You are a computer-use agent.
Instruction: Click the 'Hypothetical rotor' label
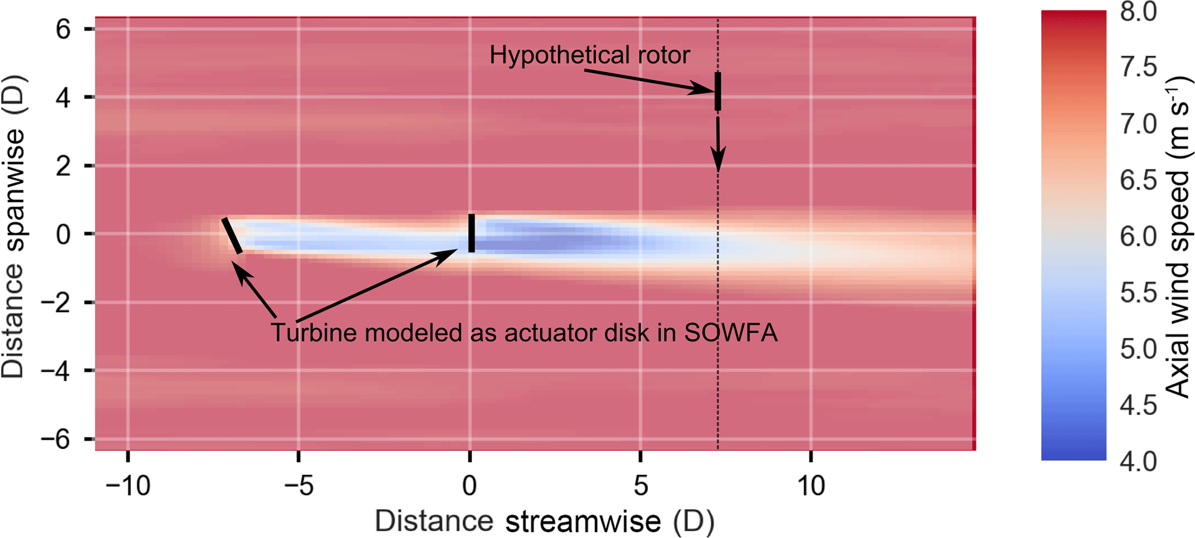click(x=589, y=55)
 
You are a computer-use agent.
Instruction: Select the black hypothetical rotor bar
click(x=718, y=91)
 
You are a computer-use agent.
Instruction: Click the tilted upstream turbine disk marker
click(x=232, y=236)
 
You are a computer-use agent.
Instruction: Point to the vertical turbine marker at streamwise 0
click(x=472, y=233)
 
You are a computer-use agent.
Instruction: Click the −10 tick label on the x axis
click(x=128, y=486)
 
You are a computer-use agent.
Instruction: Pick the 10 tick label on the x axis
click(x=811, y=486)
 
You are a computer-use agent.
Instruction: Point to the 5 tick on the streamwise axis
click(x=641, y=486)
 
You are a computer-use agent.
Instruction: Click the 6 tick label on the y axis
click(x=63, y=29)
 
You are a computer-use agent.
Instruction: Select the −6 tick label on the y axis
click(x=56, y=439)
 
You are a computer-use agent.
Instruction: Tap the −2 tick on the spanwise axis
click(x=56, y=302)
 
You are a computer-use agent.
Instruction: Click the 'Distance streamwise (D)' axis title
click(x=544, y=521)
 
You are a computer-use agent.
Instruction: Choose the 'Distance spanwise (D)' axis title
click(x=13, y=227)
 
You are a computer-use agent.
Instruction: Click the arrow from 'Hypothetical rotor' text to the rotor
click(x=648, y=80)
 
